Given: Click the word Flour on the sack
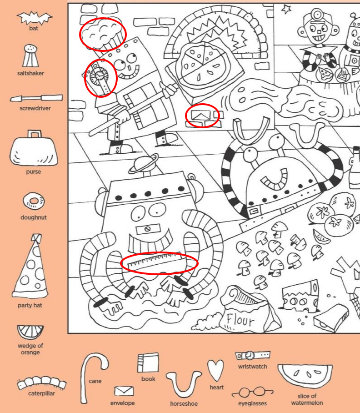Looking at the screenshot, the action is pyautogui.click(x=240, y=320).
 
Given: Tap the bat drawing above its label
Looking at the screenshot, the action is pyautogui.click(x=35, y=18).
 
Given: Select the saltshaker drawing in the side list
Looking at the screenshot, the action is pyautogui.click(x=30, y=55).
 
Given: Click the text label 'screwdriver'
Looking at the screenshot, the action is pyautogui.click(x=35, y=108).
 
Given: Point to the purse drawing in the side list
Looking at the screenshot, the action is pyautogui.click(x=34, y=148).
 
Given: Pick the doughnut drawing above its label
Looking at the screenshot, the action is pyautogui.click(x=34, y=201).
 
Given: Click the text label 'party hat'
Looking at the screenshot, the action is pyautogui.click(x=30, y=305).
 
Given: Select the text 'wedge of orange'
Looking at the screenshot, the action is pyautogui.click(x=30, y=349).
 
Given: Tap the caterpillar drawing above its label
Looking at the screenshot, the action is pyautogui.click(x=41, y=383).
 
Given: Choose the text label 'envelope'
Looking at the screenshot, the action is pyautogui.click(x=122, y=403).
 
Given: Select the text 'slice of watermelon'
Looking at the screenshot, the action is pyautogui.click(x=307, y=399).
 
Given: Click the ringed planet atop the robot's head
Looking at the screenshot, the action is pyautogui.click(x=144, y=164).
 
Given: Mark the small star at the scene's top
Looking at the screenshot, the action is pyautogui.click(x=286, y=9).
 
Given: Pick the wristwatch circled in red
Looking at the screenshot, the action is pyautogui.click(x=100, y=77).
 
